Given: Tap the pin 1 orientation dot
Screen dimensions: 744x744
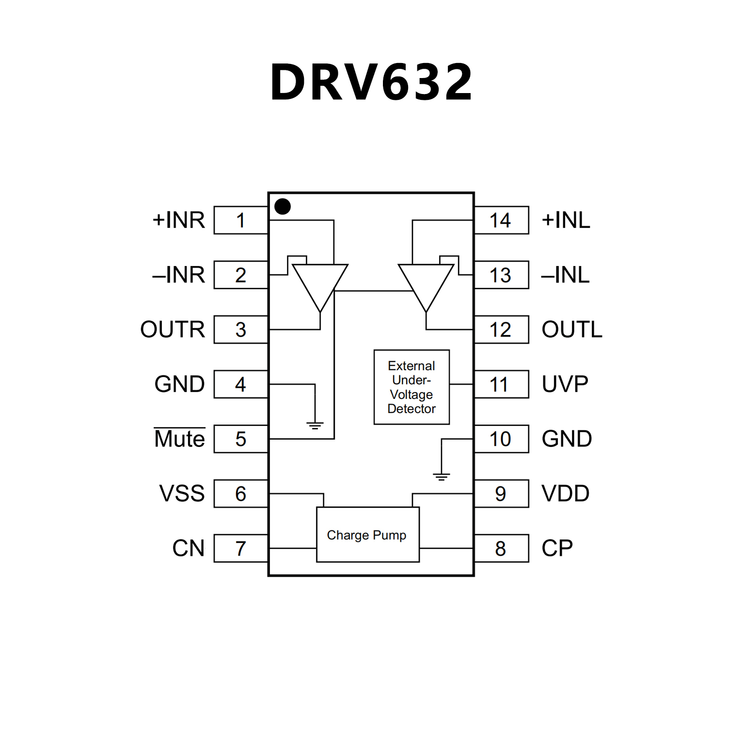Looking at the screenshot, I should click(x=283, y=206).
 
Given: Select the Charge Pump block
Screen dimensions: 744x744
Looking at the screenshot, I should click(x=367, y=535).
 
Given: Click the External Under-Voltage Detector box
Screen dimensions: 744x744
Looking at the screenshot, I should click(x=412, y=387).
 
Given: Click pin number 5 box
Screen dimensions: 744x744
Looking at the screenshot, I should click(x=241, y=439).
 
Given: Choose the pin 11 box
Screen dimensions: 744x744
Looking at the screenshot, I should click(x=501, y=384).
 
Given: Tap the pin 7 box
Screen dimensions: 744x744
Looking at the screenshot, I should click(x=241, y=548).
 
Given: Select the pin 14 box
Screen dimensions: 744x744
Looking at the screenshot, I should click(x=501, y=221).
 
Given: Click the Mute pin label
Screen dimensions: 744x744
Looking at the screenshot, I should click(x=179, y=439).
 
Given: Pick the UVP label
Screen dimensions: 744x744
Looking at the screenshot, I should click(x=565, y=384).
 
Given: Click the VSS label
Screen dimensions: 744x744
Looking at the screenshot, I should click(x=182, y=493).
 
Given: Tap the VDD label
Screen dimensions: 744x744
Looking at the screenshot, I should click(x=565, y=493).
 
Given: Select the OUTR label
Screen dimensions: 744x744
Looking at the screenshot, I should click(x=173, y=330).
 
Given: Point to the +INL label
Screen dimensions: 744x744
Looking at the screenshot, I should click(x=566, y=221).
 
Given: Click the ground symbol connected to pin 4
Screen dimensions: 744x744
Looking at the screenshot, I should click(x=315, y=426).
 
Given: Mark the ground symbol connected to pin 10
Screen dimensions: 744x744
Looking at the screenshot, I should click(x=441, y=476).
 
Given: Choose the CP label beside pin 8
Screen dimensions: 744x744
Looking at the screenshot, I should click(x=557, y=548).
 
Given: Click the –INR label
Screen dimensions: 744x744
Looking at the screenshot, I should click(x=178, y=275).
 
